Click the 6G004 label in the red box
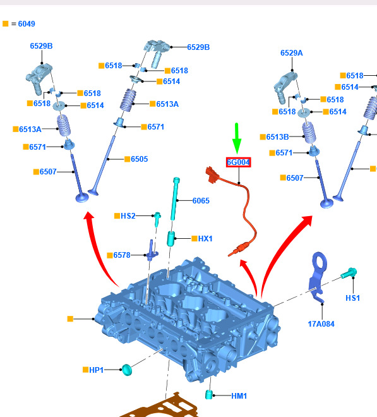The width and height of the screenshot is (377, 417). click(238, 162)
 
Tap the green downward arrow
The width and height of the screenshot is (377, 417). click(237, 138)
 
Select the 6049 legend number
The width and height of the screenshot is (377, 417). click(27, 24)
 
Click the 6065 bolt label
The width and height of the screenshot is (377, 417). click(201, 200)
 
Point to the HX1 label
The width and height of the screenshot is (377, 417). click(205, 239)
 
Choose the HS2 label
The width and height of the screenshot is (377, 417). click(128, 215)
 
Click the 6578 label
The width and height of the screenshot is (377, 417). click(122, 255)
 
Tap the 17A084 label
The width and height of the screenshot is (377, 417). click(321, 324)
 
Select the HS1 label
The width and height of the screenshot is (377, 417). click(352, 298)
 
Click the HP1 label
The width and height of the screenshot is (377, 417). click(96, 370)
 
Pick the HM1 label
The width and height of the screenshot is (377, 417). click(239, 396)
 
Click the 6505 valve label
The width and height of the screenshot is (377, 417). click(140, 159)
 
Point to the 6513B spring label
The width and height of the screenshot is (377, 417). click(278, 136)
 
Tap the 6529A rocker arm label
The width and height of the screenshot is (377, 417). click(292, 53)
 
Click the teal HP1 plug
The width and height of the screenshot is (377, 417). click(127, 370)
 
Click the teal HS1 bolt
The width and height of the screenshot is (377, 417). click(349, 273)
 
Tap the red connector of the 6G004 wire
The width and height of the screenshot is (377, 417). click(212, 174)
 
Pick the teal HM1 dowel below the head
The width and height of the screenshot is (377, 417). click(209, 394)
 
